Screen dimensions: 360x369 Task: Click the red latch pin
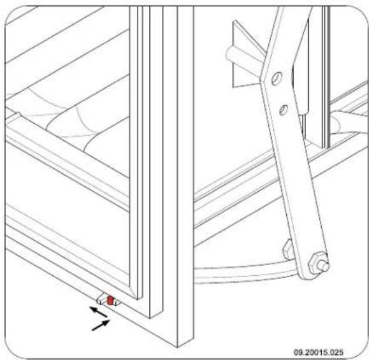click(x=111, y=300)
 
